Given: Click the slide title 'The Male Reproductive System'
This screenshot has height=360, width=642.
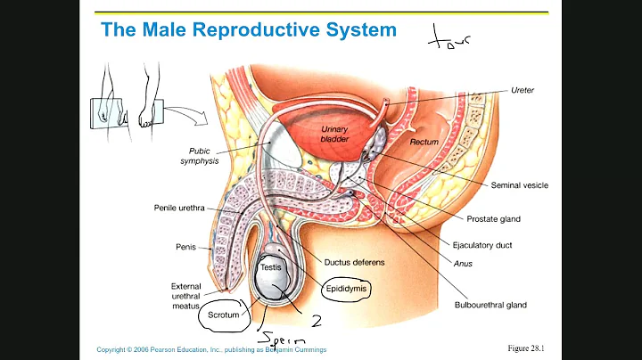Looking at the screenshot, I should click(249, 29).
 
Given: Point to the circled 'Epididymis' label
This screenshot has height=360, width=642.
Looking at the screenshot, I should click(344, 289).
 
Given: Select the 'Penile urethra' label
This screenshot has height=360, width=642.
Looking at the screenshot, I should click(178, 209).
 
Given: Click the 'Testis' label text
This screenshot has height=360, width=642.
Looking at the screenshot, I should click(270, 266).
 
